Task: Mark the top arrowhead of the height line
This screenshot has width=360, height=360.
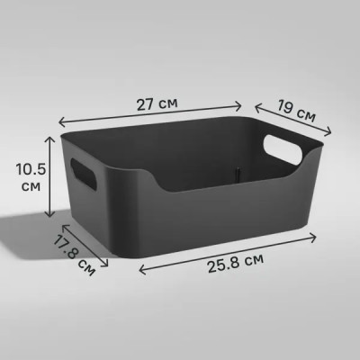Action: click(48, 137)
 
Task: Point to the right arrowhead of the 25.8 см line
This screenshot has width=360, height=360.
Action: click(315, 236)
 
